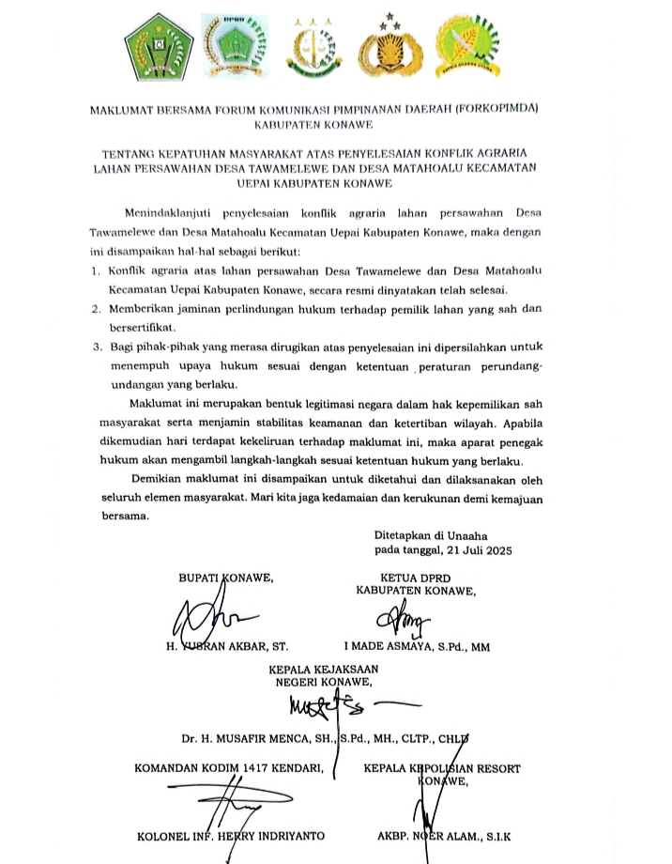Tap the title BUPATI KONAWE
(226, 578)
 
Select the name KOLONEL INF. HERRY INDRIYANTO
(231, 834)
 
